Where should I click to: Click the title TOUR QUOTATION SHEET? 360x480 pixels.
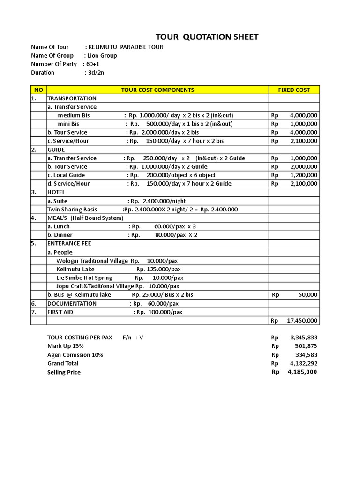coord(207,37)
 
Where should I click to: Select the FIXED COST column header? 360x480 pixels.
coord(294,90)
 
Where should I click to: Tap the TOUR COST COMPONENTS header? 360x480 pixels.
coord(157,90)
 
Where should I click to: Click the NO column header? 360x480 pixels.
coord(38,90)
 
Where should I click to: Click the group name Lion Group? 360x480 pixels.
coord(102,56)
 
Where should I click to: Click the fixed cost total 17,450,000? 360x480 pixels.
coord(302,321)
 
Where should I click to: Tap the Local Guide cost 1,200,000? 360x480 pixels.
coord(303,175)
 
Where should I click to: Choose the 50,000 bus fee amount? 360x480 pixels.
coord(307,295)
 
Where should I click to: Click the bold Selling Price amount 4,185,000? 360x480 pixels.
coord(302,372)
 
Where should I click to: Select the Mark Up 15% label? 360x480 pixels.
coord(66,346)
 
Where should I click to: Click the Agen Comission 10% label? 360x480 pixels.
coord(75,355)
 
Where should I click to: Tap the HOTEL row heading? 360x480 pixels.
coord(56,192)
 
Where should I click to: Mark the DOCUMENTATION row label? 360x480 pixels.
coord(72,304)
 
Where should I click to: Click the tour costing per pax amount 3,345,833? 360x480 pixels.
coord(303,337)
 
